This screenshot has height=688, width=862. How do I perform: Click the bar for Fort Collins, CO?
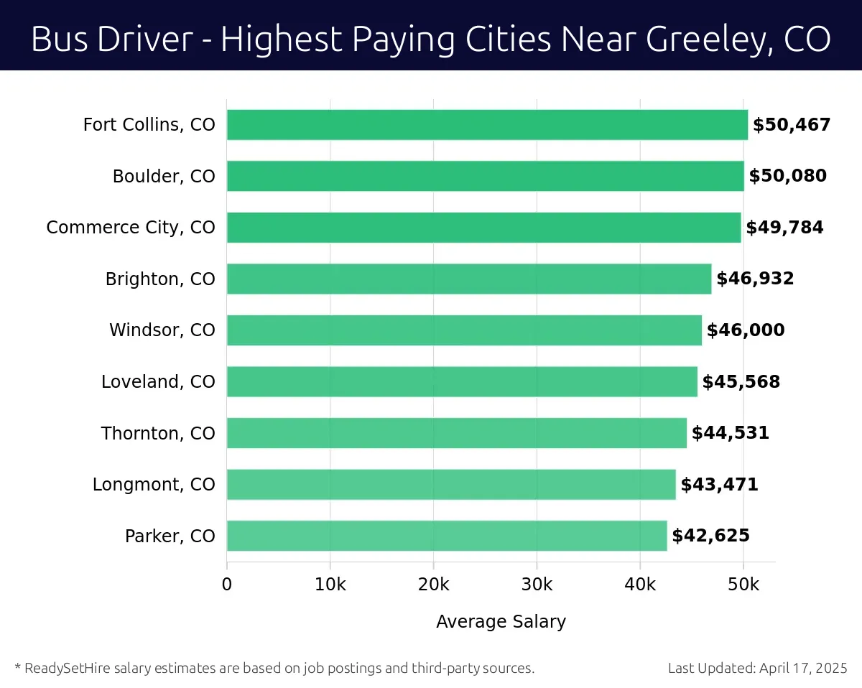pyautogui.click(x=487, y=125)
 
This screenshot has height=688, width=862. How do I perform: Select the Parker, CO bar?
pyautogui.click(x=447, y=536)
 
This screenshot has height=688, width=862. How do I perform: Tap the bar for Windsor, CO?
pyautogui.click(x=464, y=330)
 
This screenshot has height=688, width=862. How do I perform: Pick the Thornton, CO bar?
pyautogui.click(x=457, y=433)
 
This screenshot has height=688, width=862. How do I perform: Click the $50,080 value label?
pyautogui.click(x=787, y=176)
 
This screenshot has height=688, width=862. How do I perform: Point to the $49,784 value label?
pyautogui.click(x=784, y=228)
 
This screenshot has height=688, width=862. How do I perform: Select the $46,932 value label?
pyautogui.click(x=755, y=279)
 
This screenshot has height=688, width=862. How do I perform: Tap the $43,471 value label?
pyautogui.click(x=719, y=485)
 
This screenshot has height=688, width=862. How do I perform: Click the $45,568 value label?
pyautogui.click(x=741, y=382)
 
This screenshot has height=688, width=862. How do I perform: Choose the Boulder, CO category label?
pyautogui.click(x=164, y=176)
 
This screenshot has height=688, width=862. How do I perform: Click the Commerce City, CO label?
pyautogui.click(x=131, y=228)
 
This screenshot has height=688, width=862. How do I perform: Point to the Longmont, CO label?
pyautogui.click(x=154, y=485)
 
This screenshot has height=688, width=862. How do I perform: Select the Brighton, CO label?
pyautogui.click(x=160, y=279)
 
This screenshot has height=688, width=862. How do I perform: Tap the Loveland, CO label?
pyautogui.click(x=158, y=382)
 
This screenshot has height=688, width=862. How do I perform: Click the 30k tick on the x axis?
pyautogui.click(x=537, y=585)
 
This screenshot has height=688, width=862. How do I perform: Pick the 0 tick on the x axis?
pyautogui.click(x=227, y=585)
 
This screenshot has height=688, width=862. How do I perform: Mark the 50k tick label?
pyautogui.click(x=743, y=585)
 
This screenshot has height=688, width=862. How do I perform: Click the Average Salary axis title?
pyautogui.click(x=501, y=621)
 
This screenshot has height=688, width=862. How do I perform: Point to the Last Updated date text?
pyautogui.click(x=758, y=669)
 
